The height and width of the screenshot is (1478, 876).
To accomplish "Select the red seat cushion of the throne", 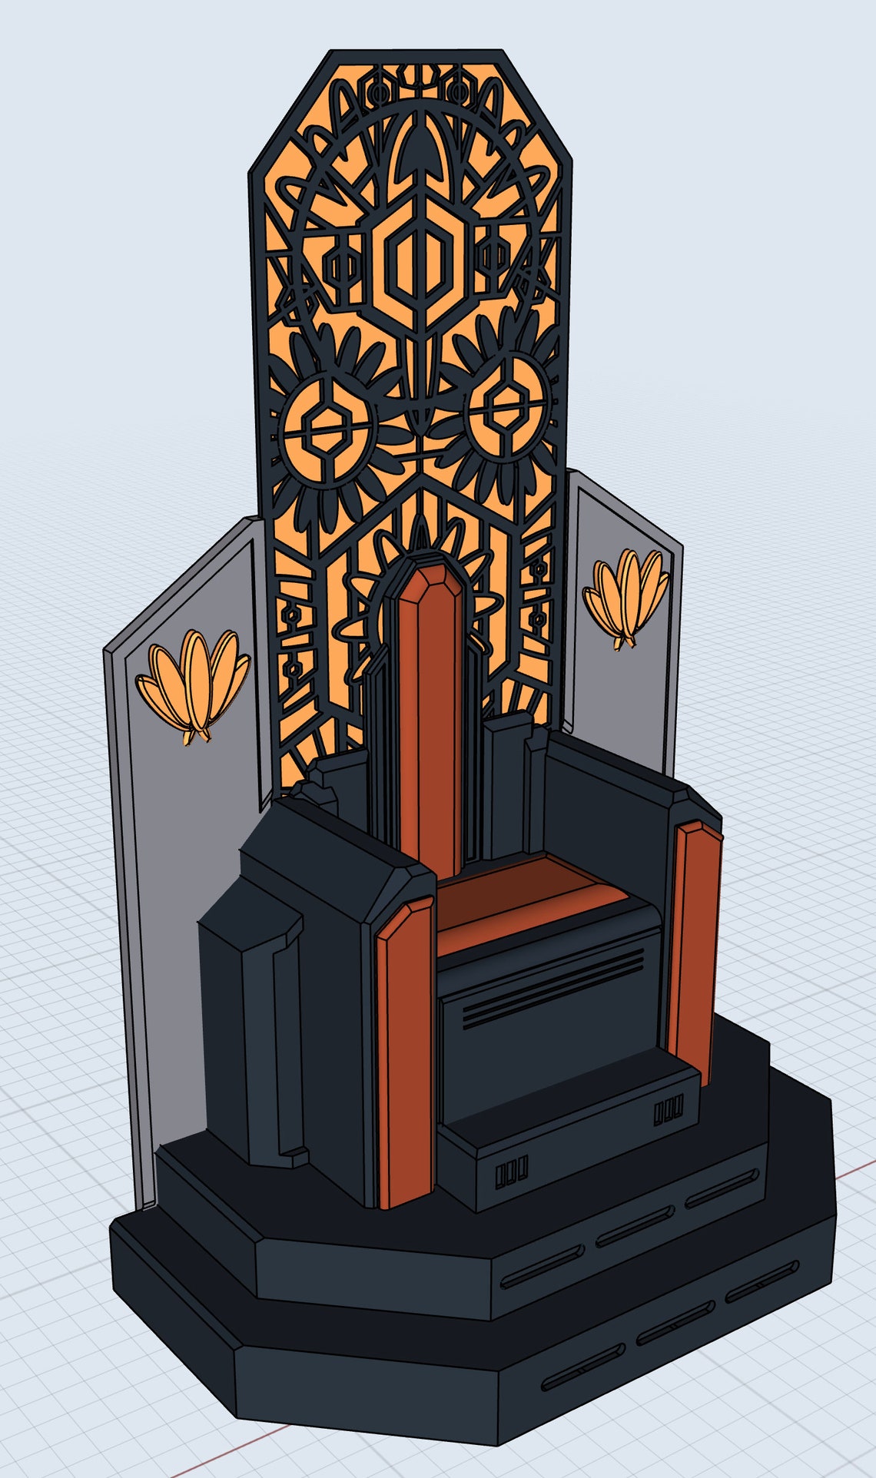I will pos(530,891).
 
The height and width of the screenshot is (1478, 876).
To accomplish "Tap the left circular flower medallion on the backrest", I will pos(327,421).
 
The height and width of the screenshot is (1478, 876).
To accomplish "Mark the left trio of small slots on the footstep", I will pos(511,1173).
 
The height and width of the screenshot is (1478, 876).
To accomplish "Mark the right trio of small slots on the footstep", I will pos(668,1111).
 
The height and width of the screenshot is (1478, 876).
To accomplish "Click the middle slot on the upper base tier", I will pos(635,1226).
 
